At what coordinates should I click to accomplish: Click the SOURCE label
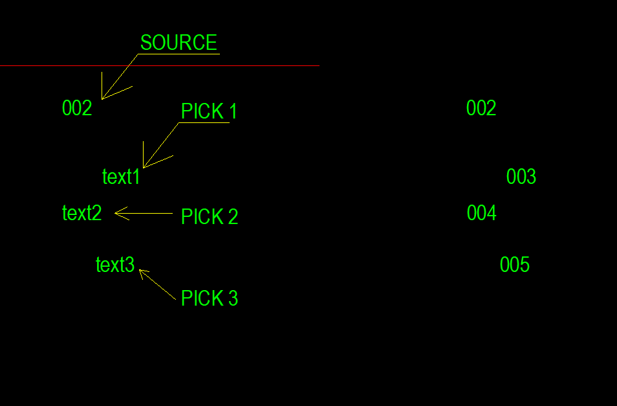(179, 43)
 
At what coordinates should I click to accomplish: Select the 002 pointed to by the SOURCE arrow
(77, 108)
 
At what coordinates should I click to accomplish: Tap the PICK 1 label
(209, 111)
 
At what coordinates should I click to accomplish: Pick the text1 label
(121, 176)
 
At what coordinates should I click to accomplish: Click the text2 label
(82, 213)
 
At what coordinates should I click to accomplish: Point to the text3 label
(115, 265)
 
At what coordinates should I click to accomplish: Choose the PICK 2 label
(210, 216)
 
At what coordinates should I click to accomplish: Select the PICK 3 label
(210, 298)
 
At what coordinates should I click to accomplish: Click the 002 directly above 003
(481, 108)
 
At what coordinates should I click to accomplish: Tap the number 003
(521, 176)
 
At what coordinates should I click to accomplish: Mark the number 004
(482, 213)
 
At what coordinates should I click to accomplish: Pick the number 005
(515, 265)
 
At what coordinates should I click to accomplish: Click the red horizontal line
(159, 66)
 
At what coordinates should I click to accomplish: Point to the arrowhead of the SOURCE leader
(102, 99)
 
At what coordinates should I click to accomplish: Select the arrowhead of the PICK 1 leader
(144, 168)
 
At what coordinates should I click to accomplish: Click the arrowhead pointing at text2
(115, 213)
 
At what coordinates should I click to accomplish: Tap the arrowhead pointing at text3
(140, 270)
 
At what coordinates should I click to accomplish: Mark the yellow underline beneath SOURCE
(179, 54)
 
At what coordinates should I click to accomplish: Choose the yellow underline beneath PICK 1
(204, 123)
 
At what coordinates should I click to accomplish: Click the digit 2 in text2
(97, 213)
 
